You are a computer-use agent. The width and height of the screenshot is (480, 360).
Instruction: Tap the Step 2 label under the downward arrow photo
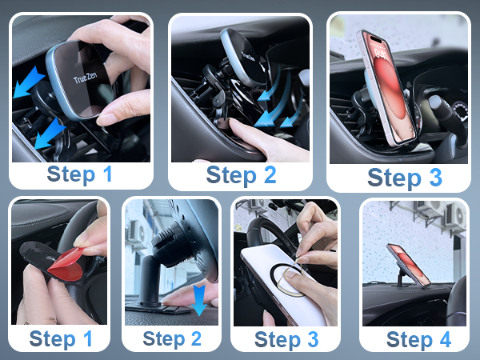[172, 338]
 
